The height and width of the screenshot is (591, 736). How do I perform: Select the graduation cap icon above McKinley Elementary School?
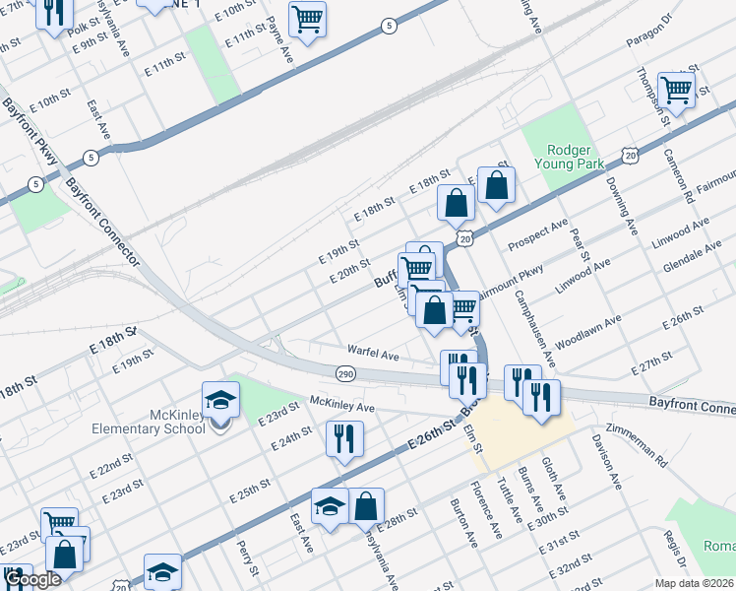[x=220, y=401]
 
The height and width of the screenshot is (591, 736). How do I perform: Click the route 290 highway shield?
[x=344, y=373]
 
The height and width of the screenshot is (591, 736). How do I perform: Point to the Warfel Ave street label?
[x=372, y=352]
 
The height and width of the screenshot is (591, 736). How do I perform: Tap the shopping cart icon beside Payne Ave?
[x=308, y=18]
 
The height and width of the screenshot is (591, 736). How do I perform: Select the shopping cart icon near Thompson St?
[x=677, y=90]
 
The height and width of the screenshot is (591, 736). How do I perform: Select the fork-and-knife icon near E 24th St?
[x=344, y=439]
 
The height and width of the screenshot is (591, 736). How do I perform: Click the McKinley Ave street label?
[x=342, y=405]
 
